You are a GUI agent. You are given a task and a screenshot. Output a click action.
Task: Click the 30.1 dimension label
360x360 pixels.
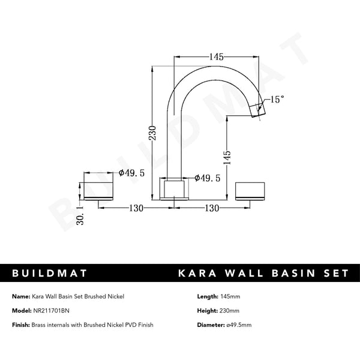pos(80,214)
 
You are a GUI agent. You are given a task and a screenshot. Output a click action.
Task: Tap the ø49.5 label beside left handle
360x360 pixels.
pos(131,173)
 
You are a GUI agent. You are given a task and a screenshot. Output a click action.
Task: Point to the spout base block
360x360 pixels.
pos(175,190)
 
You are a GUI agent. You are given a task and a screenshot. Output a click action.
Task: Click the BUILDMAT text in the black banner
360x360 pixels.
pos(50,273)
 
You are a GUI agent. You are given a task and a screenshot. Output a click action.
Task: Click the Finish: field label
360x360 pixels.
pos(22,325)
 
